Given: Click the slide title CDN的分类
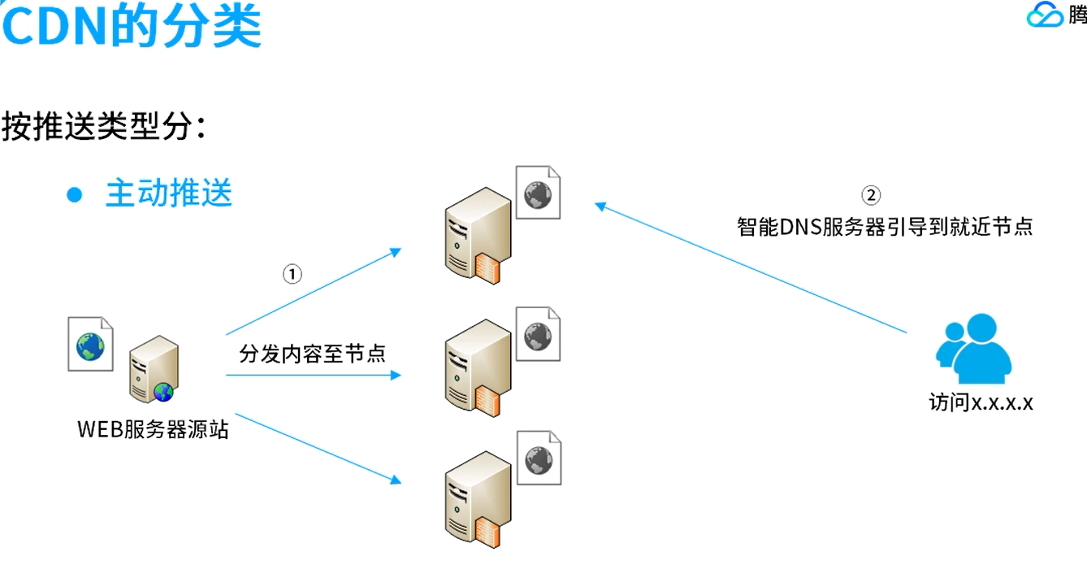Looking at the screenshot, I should pyautogui.click(x=131, y=25).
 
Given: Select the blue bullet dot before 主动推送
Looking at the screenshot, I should pyautogui.click(x=75, y=195).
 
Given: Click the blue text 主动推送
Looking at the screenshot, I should pyautogui.click(x=169, y=193).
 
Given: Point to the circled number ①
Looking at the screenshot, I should pyautogui.click(x=292, y=274).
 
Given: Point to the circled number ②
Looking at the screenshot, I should pyautogui.click(x=870, y=195).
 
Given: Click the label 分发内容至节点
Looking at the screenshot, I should pyautogui.click(x=312, y=354).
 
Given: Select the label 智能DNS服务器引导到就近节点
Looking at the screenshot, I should pyautogui.click(x=885, y=226).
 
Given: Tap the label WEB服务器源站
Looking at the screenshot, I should pyautogui.click(x=153, y=429).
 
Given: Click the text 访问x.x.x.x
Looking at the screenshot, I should pyautogui.click(x=981, y=402).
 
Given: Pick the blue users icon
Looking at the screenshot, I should pyautogui.click(x=973, y=350).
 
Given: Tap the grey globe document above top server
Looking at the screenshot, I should pyautogui.click(x=538, y=193).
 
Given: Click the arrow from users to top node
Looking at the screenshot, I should pyautogui.click(x=751, y=268).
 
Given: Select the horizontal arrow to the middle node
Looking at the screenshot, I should pyautogui.click(x=313, y=375).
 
